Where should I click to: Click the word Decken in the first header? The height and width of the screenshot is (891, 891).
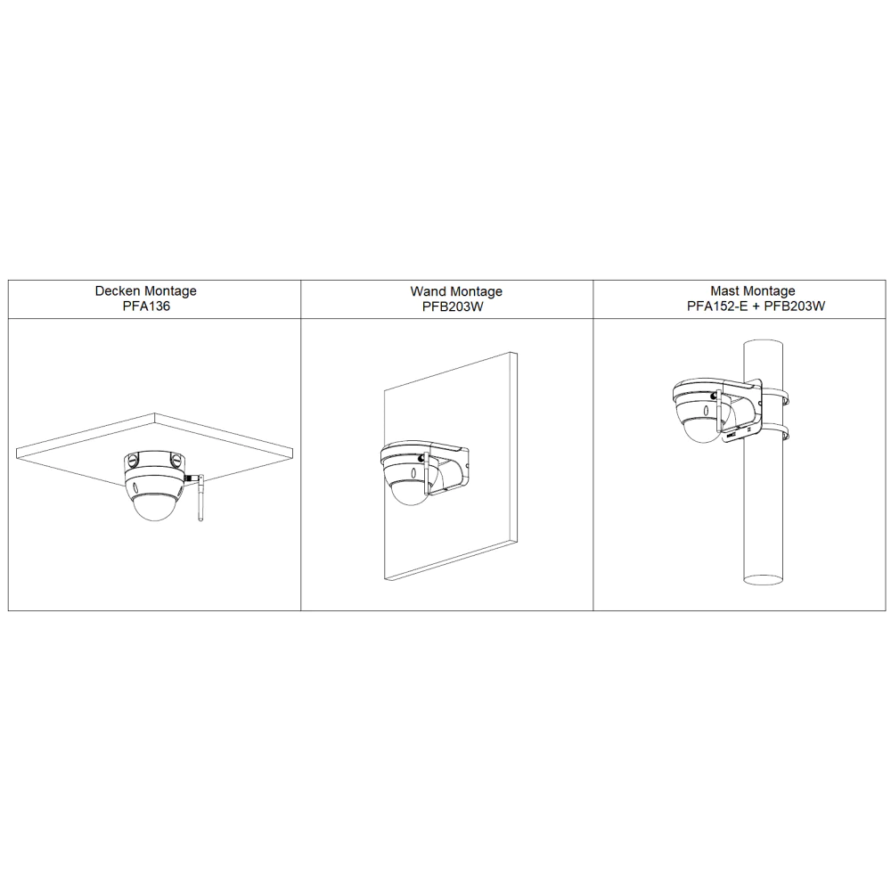click(x=117, y=291)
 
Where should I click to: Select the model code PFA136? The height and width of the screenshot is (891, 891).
click(x=146, y=307)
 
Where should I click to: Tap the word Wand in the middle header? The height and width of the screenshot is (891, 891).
click(x=429, y=291)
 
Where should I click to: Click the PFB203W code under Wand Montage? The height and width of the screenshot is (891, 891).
click(x=453, y=307)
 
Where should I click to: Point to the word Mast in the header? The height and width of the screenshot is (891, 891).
click(x=723, y=291)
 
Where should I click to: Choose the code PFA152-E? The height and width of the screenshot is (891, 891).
click(x=717, y=307)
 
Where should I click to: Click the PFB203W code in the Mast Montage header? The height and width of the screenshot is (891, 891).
click(x=795, y=307)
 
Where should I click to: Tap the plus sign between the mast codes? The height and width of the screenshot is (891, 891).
click(x=756, y=307)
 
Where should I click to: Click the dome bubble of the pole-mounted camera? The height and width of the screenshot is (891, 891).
click(x=700, y=430)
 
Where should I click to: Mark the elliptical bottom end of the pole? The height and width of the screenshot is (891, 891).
click(x=764, y=579)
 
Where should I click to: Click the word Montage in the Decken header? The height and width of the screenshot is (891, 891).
click(x=169, y=291)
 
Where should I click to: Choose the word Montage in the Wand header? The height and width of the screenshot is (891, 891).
click(x=476, y=292)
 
